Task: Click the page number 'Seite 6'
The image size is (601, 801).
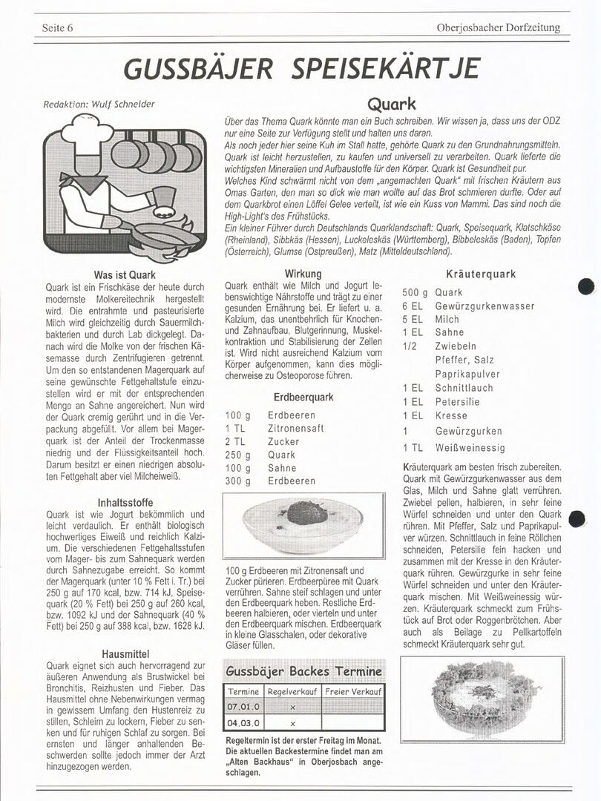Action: click(57, 28)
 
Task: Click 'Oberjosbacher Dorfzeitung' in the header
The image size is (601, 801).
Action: click(499, 28)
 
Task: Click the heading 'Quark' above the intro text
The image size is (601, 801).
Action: click(391, 104)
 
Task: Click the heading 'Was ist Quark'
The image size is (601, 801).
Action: click(125, 275)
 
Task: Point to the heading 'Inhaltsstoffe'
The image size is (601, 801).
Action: click(125, 502)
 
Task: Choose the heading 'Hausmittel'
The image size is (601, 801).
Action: click(125, 654)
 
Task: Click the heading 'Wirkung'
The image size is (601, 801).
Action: click(303, 274)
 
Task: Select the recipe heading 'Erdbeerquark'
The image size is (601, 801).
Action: click(303, 397)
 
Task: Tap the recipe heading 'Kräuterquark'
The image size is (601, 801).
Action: click(481, 274)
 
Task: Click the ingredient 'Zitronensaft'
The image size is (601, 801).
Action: click(296, 429)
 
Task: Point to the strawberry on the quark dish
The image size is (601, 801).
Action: click(302, 511)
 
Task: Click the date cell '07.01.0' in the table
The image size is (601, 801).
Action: click(244, 707)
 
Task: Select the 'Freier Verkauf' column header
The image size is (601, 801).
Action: click(354, 691)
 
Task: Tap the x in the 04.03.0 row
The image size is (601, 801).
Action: click(292, 723)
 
